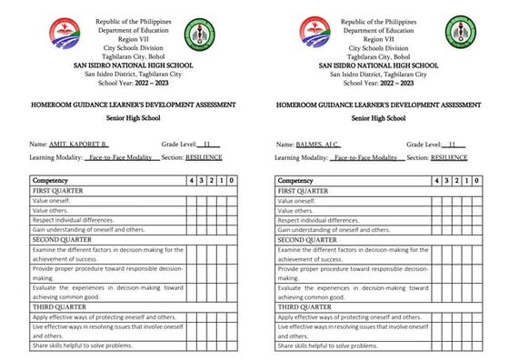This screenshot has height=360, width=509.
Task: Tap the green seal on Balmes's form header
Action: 461,35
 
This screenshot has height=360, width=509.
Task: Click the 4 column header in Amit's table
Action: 190,181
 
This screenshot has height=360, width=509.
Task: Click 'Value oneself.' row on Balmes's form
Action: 299,201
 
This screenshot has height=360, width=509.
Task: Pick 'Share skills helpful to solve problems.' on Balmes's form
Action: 327,345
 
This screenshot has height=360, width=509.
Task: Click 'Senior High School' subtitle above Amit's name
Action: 117,118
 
